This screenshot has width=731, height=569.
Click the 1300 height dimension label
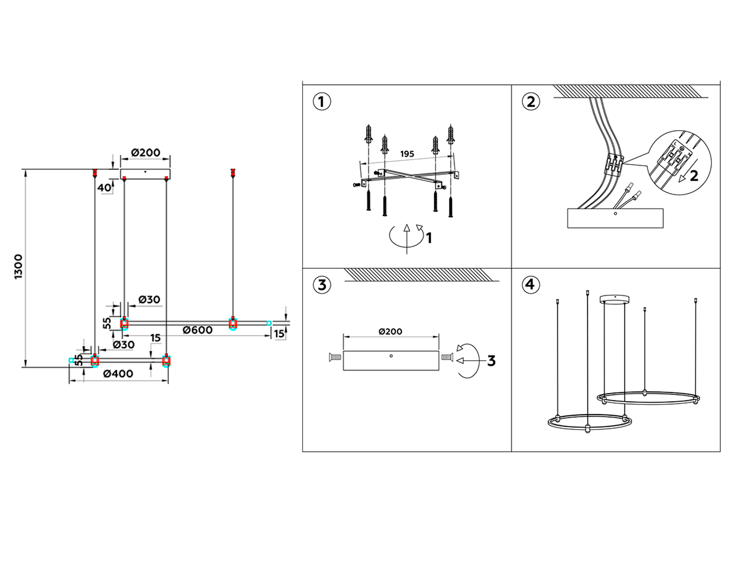[19, 267]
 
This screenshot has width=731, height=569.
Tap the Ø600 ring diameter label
[197, 330]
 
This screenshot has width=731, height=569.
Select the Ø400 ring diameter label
[118, 374]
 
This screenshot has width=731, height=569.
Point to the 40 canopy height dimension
[104, 187]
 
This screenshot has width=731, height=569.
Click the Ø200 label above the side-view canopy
[145, 153]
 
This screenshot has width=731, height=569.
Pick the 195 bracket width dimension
[407, 154]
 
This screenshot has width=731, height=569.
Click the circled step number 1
[322, 102]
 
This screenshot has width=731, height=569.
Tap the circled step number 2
[531, 102]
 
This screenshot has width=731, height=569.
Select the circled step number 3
[322, 285]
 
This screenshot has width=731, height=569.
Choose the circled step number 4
[531, 284]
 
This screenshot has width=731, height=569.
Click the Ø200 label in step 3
[390, 332]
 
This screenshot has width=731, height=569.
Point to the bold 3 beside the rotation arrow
[491, 361]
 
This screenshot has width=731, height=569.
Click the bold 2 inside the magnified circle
[694, 176]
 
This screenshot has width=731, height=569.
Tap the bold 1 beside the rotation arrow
[429, 238]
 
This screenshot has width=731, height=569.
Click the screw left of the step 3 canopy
[335, 357]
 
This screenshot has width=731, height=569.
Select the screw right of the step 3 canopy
[447, 357]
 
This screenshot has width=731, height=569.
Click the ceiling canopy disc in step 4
[614, 299]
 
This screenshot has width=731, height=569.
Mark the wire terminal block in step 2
[614, 164]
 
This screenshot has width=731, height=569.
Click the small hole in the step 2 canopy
[616, 213]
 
